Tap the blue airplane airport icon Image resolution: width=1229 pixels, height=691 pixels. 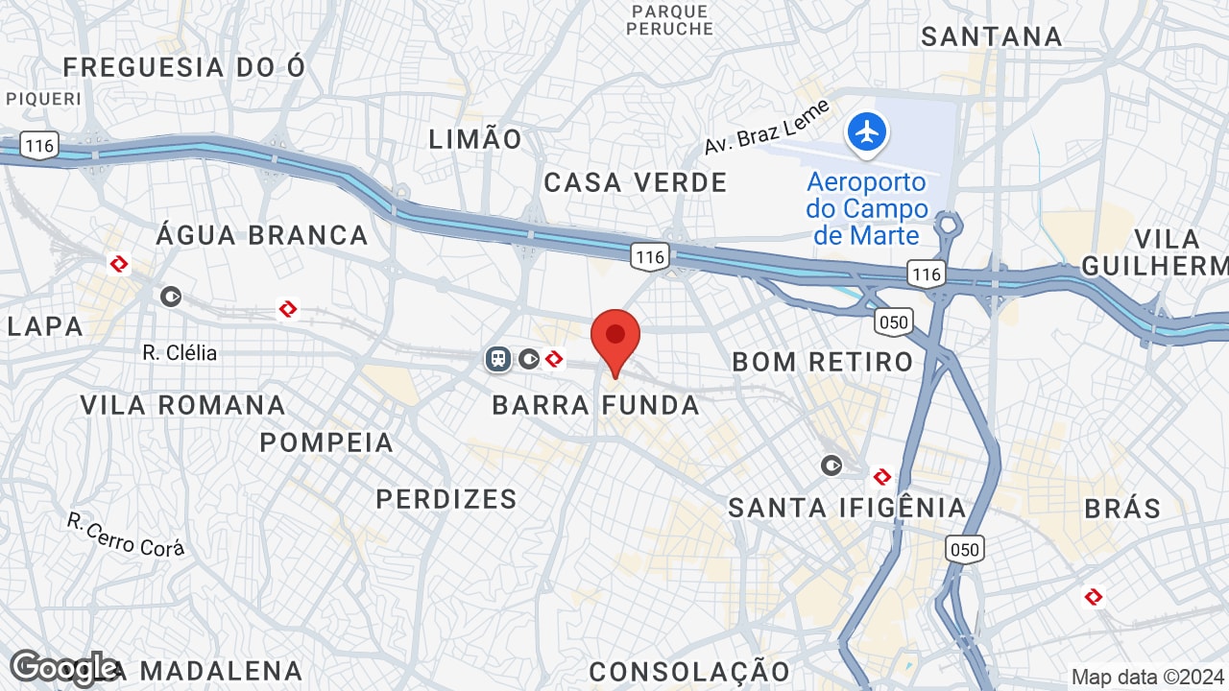coord(867,132)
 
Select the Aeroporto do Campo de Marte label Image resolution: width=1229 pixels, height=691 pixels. coord(867,208)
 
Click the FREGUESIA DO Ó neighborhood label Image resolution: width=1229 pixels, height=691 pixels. coord(184,67)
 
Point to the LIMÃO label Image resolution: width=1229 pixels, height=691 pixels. coord(475,139)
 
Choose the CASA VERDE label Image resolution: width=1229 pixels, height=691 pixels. coord(636,182)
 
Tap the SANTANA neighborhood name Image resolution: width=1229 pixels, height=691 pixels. coord(992,36)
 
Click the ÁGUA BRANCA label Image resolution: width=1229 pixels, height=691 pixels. coord(262,235)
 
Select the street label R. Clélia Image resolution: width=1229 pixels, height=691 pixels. coord(180,353)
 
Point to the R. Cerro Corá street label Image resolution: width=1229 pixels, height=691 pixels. coord(126,534)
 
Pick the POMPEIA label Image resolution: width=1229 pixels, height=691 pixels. coord(326,442)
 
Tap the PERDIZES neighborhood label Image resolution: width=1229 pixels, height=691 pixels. coord(446,499)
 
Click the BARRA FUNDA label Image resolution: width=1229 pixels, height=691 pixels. coord(595,405)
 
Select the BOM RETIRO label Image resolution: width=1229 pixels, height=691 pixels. coord(822,362)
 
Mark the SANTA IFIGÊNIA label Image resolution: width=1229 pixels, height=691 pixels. coord(847,508)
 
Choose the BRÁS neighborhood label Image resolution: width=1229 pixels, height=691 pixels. coord(1122,508)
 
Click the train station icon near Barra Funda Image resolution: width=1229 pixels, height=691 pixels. coord(497,359)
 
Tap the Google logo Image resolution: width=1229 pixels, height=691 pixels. coord(63,668)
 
